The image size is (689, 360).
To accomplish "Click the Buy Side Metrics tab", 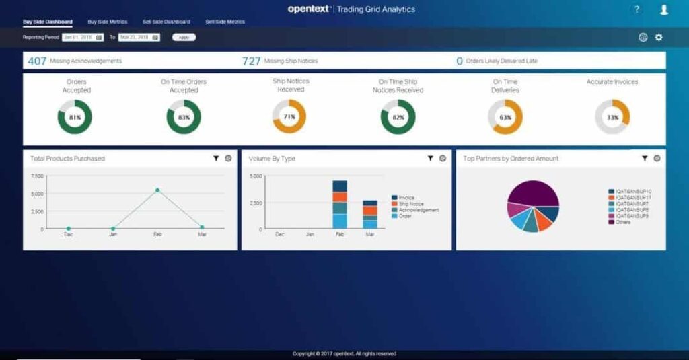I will pyautogui.click(x=107, y=22).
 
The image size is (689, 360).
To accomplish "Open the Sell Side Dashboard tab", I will pyautogui.click(x=166, y=22).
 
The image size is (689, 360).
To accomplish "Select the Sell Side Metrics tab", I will pyautogui.click(x=225, y=22).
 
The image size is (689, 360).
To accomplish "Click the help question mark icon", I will pyautogui.click(x=637, y=9).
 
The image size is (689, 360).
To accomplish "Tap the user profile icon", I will pyautogui.click(x=664, y=9).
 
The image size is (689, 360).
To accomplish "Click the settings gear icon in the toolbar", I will pyautogui.click(x=659, y=38).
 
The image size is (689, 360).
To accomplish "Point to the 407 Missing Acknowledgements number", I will pyautogui.click(x=37, y=61).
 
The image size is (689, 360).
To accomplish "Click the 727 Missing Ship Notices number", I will pyautogui.click(x=251, y=61).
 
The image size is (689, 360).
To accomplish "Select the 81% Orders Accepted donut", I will pyautogui.click(x=75, y=117).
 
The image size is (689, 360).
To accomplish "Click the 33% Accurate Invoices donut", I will pyautogui.click(x=612, y=117).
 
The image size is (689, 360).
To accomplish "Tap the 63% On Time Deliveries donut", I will pyautogui.click(x=505, y=117).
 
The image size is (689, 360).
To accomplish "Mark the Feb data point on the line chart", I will pyautogui.click(x=157, y=190).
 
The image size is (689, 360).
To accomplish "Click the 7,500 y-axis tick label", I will pyautogui.click(x=37, y=176).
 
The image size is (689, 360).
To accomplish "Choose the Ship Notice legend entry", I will pyautogui.click(x=410, y=204).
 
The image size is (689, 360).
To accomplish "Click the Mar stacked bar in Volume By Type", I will pyautogui.click(x=370, y=214).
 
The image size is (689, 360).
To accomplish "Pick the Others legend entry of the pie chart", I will pyautogui.click(x=622, y=222).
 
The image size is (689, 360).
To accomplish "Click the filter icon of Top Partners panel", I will pyautogui.click(x=645, y=159).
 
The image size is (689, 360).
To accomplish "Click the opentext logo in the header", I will pyautogui.click(x=308, y=9).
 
